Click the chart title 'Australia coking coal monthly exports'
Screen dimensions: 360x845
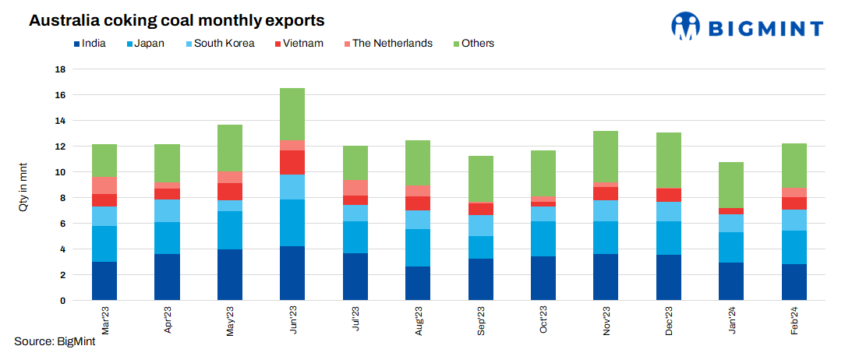[x=177, y=20]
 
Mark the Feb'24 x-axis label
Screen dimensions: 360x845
[x=794, y=319]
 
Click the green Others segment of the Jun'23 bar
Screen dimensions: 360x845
[x=292, y=114]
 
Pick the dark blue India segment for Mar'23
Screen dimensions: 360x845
[x=104, y=281]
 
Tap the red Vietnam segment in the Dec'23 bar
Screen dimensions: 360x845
[x=669, y=195]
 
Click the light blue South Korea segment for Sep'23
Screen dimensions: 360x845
[x=481, y=225]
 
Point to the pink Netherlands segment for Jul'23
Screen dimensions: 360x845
[x=355, y=188]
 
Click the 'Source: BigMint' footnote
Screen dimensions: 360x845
[x=55, y=341]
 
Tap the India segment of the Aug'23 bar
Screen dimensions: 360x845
[x=418, y=283]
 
